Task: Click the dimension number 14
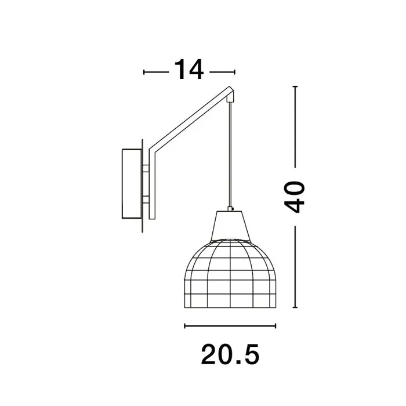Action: tap(189, 70)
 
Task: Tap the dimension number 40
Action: tap(295, 197)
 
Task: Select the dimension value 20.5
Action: tap(230, 354)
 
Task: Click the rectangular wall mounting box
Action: tap(132, 184)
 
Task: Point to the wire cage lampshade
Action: tap(230, 274)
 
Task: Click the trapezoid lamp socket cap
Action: tap(230, 226)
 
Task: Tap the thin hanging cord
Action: tap(230, 154)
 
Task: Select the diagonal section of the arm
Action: tap(192, 118)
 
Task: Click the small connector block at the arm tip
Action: tap(230, 99)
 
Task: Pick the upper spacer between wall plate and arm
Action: tap(146, 169)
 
